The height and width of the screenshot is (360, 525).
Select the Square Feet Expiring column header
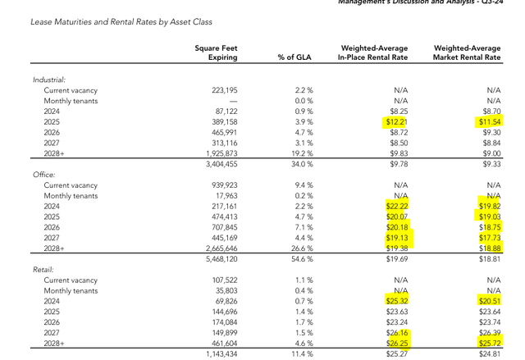tap(217, 53)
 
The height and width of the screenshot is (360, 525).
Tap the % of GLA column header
tap(292, 57)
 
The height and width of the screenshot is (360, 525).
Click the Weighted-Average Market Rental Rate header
tap(467, 53)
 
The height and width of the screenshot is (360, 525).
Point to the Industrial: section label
tap(49, 80)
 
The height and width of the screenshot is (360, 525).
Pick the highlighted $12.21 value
tap(396, 121)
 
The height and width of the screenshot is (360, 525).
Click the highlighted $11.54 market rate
tap(489, 121)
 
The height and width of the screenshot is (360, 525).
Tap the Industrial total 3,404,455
tap(216, 164)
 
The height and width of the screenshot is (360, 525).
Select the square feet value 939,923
tap(219, 185)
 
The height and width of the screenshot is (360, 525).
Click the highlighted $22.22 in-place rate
tap(396, 206)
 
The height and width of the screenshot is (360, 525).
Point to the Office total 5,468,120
tap(216, 259)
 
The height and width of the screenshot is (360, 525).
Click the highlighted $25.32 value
tap(396, 301)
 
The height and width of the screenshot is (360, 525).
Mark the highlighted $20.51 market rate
tap(489, 301)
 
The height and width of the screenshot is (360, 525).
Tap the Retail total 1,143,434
tap(216, 354)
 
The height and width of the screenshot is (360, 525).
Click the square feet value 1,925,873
tap(216, 153)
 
